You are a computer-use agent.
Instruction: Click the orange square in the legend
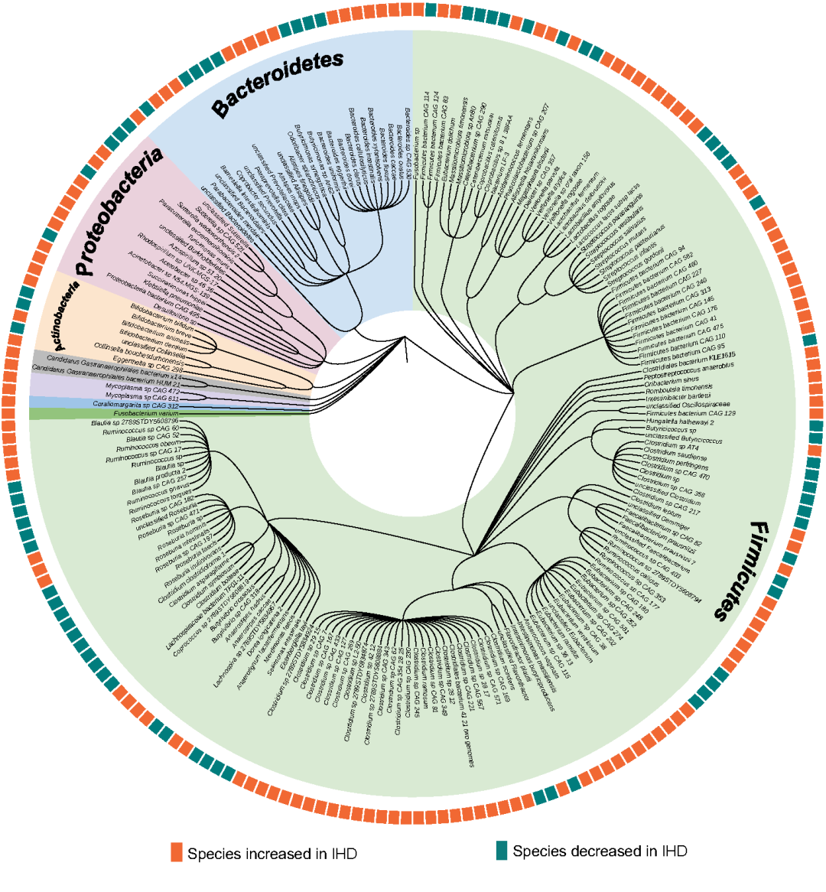[177, 853]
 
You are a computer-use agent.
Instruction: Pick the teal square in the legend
[502, 851]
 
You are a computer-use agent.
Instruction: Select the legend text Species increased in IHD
[272, 854]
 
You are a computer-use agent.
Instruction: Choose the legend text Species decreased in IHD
[600, 851]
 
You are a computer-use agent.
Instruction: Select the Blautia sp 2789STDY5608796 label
[135, 422]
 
